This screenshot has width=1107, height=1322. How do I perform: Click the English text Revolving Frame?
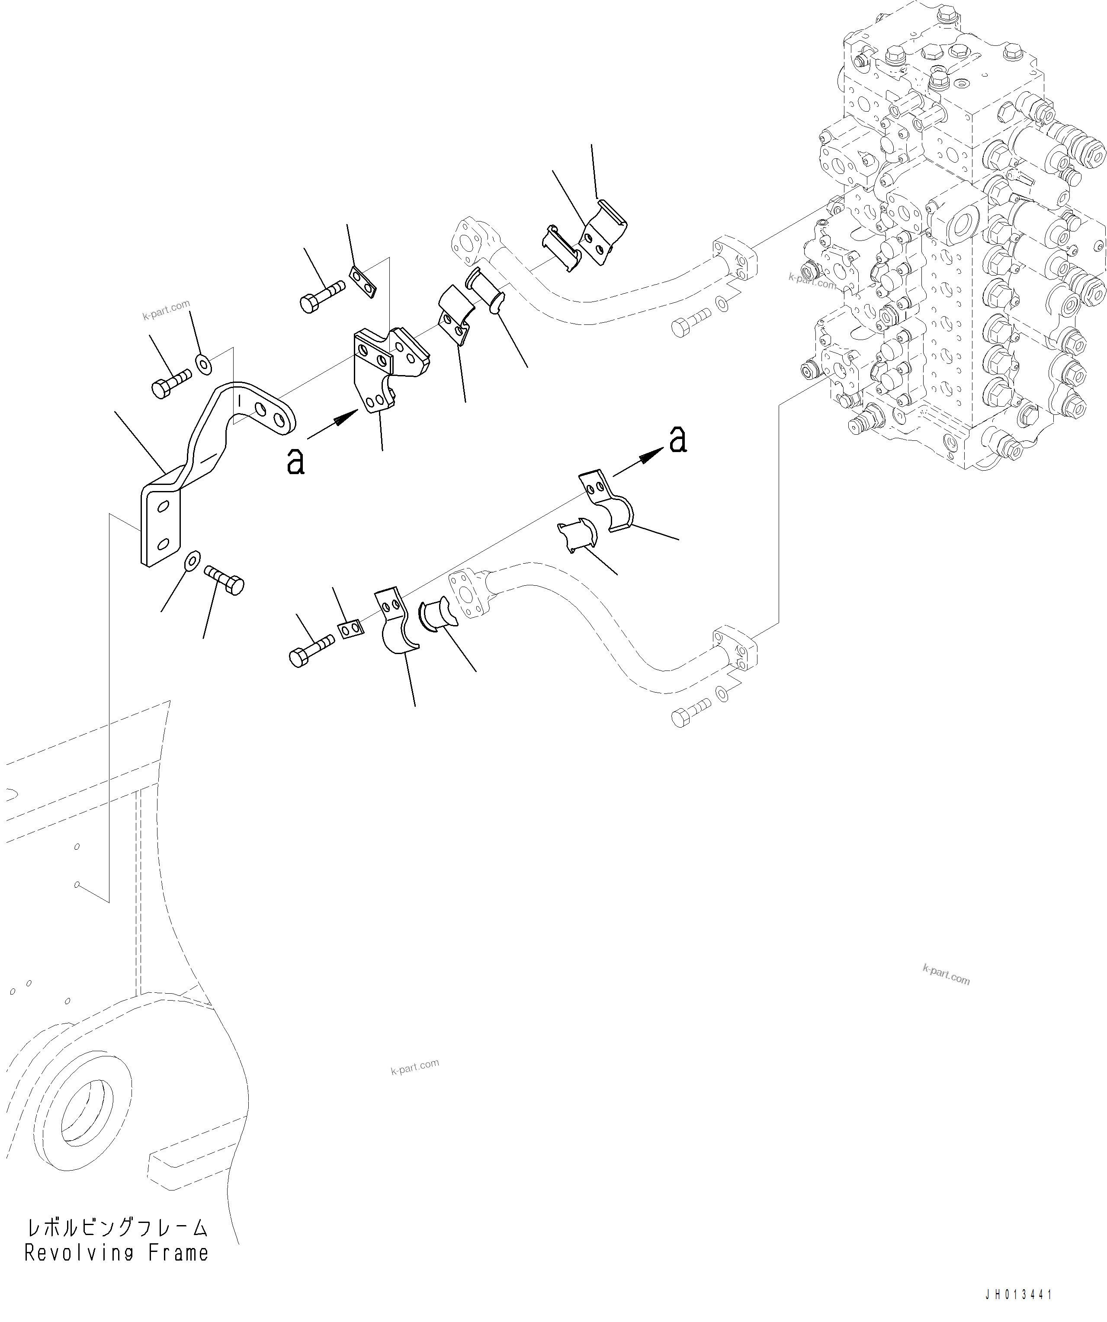point(116,1253)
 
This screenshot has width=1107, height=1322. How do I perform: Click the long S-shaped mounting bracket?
point(208,453)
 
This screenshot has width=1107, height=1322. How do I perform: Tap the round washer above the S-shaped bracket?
point(203,363)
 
